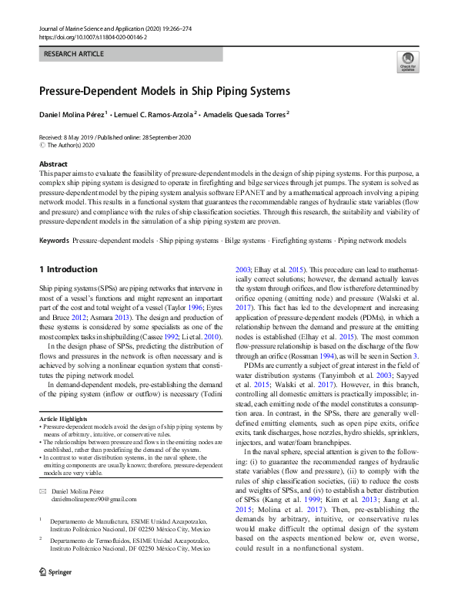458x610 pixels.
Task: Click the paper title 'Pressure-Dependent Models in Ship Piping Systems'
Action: pyautogui.click(x=164, y=91)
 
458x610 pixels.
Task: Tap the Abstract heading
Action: pyautogui.click(x=53, y=164)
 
